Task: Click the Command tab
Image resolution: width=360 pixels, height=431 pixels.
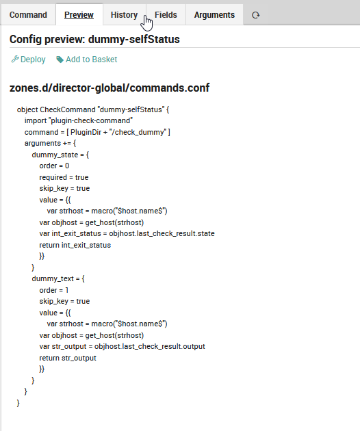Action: coord(28,15)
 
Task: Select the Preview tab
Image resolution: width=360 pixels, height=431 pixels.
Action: coord(79,15)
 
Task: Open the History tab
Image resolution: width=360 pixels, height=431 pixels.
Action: coord(124,15)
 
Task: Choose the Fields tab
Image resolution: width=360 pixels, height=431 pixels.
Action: coord(166,15)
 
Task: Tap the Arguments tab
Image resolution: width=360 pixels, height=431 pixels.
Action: coord(214,15)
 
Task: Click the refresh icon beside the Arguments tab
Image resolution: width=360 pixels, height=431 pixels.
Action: coord(255,15)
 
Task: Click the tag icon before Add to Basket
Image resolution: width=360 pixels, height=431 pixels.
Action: coord(60,60)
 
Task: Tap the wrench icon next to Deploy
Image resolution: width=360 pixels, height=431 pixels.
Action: coord(15,59)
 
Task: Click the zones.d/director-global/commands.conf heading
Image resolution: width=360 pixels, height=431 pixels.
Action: coord(110,88)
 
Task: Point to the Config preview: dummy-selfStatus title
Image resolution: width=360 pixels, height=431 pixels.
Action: coord(94,39)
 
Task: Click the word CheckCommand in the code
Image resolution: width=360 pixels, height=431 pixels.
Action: coord(68,109)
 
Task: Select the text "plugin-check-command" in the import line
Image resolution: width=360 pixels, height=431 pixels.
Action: coord(91,120)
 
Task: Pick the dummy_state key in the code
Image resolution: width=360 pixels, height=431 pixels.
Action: coord(55,155)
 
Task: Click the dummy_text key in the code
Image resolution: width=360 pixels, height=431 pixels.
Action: coord(53,278)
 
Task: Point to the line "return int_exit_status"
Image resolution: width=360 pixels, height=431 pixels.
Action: coord(75,245)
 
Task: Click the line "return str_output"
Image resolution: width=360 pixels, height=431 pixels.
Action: coord(68,358)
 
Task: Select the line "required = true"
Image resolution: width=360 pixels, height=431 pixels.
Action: coord(64,177)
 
